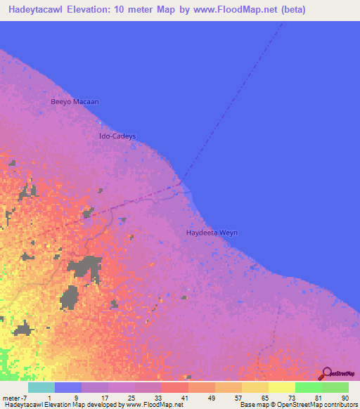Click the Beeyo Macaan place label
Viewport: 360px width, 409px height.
[75, 102]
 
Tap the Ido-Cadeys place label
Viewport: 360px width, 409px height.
[117, 136]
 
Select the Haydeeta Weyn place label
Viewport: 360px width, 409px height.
[212, 233]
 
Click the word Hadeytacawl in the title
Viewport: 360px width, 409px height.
[36, 8]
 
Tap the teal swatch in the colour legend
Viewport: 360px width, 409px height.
[41, 388]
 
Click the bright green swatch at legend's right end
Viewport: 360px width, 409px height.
[335, 388]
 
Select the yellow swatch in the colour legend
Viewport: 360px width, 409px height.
[282, 388]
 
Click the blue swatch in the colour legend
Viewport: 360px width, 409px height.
[67, 388]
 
